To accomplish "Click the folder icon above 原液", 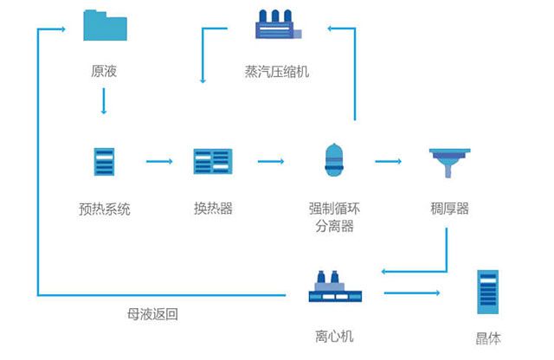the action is (105, 25).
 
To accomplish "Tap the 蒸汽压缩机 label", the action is (277, 72).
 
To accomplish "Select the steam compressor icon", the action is (279, 24).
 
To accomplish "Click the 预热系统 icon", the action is (104, 162).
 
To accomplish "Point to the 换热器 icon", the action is (213, 162).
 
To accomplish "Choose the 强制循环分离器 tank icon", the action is (334, 160).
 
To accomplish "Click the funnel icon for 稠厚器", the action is (449, 163).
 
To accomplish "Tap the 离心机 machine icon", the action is (335, 286).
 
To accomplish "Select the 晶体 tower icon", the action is (488, 292).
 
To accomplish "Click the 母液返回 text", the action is (152, 314).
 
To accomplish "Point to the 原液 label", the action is (104, 71).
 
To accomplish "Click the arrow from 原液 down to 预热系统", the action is (104, 101).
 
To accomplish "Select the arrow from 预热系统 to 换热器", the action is (159, 162).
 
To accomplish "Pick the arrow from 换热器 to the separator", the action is (271, 162).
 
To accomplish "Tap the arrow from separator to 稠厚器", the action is (389, 162).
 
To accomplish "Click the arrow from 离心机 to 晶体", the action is (412, 292).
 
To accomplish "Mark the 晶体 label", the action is (488, 338).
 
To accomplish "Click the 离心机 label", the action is (334, 336).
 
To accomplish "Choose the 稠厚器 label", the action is (449, 209).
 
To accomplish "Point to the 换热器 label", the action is (213, 209).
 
